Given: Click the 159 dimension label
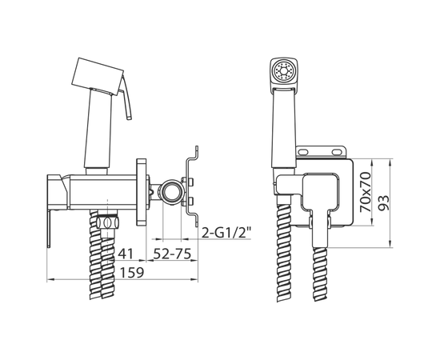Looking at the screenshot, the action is point(132,272).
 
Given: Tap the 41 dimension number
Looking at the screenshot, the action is point(126,254).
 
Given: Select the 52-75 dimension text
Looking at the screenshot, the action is point(172,254).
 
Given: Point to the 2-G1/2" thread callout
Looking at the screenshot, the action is point(226,233).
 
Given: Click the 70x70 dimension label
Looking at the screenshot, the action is point(365,192).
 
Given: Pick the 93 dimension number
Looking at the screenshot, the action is point(383,202).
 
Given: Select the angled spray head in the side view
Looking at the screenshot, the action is point(98,76).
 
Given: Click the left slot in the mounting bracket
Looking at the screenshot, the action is point(303,152).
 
